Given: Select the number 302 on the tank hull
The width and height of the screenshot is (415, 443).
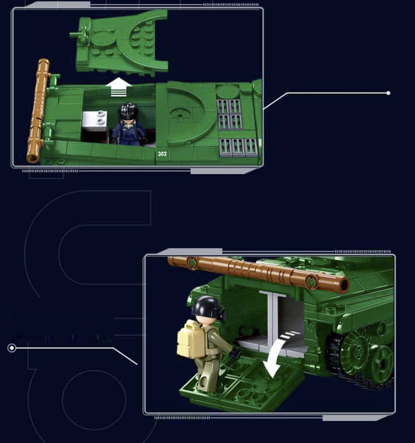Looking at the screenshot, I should click(x=163, y=153).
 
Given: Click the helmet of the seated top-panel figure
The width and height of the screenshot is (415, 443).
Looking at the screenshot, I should click(x=129, y=111).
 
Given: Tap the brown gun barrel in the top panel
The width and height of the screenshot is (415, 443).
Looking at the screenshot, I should click(x=37, y=111).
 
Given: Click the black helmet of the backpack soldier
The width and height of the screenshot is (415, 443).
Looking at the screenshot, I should click(x=205, y=308).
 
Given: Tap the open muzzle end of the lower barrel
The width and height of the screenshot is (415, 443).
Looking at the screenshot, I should click(x=340, y=283).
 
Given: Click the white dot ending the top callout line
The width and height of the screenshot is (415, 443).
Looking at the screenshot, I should click(x=388, y=93).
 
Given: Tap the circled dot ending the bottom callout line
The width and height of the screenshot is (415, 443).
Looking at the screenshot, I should click(x=12, y=348).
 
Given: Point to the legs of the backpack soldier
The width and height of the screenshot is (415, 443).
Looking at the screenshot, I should click(x=205, y=370).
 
